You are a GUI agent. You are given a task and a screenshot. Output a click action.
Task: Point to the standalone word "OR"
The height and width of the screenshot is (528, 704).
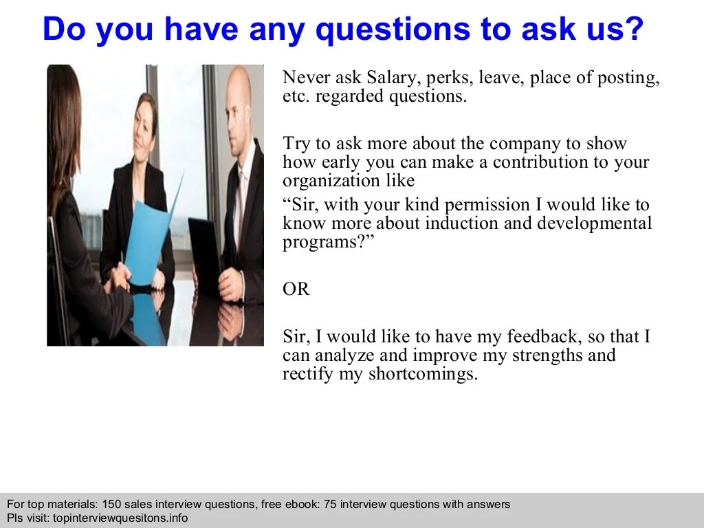point(296,289)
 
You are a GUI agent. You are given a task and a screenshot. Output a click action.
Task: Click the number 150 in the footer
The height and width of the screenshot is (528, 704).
point(111,505)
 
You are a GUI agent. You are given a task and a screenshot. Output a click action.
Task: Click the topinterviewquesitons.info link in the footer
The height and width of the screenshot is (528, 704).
point(120,518)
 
